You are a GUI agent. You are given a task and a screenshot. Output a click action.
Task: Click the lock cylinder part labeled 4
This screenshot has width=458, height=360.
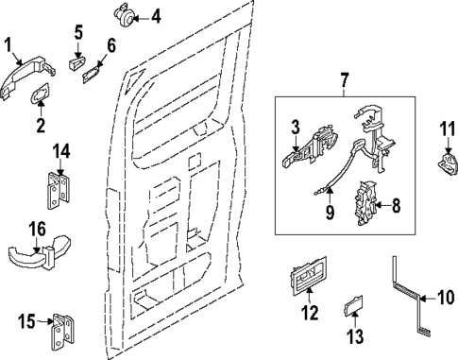[123, 14]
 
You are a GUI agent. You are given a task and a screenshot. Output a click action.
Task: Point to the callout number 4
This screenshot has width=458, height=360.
[156, 15]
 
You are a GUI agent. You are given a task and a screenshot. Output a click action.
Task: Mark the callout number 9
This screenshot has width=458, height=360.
[329, 214]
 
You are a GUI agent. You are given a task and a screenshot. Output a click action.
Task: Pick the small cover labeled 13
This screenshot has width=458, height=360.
[352, 306]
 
